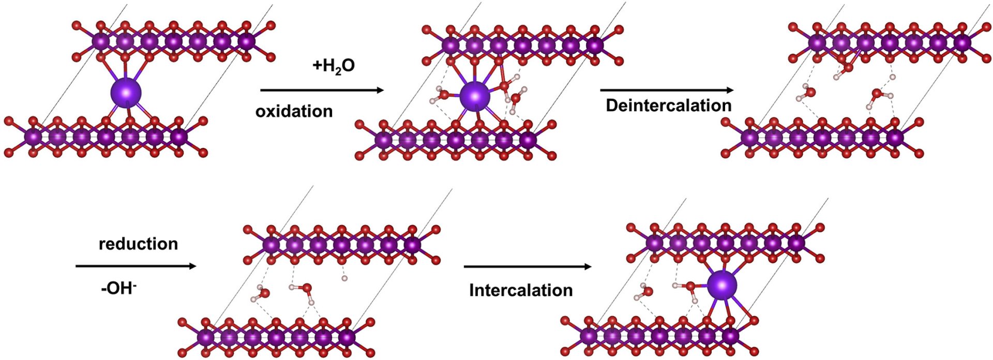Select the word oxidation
coord(294,111)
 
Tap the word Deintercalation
coord(668,106)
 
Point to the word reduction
coord(138,244)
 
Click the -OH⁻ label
coord(118,288)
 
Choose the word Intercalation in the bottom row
coord(521,290)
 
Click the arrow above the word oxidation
coord(322,91)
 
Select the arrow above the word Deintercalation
coord(667,91)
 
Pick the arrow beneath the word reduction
coord(136,266)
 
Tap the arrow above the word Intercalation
coord(527,267)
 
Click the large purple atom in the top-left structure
coord(126,93)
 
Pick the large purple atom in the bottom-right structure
coord(722,285)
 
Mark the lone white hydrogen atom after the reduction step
coord(344,279)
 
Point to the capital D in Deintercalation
coord(612,106)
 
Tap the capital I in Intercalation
coord(471,290)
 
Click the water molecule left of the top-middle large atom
coord(442,95)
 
